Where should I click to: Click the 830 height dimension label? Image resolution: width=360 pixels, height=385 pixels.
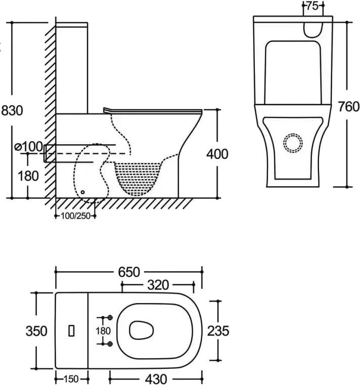[x=12, y=110]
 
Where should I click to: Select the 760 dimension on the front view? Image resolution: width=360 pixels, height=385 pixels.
[x=348, y=106]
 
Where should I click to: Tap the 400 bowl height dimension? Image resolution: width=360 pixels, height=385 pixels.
[x=217, y=153]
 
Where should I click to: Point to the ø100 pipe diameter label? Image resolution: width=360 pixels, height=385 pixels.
[x=29, y=146]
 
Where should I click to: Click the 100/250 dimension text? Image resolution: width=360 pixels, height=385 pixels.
[x=75, y=217]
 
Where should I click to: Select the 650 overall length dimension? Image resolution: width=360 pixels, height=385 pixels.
[x=129, y=272]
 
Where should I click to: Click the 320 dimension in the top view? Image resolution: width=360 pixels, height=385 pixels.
[x=158, y=285]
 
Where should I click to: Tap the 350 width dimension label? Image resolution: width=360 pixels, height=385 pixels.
[x=37, y=331]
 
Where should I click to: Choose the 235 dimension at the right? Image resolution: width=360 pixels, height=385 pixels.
[x=218, y=331]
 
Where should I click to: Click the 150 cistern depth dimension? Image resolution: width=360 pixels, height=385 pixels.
[x=71, y=378]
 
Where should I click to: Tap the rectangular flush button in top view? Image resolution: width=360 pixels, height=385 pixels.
[x=71, y=331]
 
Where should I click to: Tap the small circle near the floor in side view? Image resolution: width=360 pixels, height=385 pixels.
[x=82, y=192]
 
